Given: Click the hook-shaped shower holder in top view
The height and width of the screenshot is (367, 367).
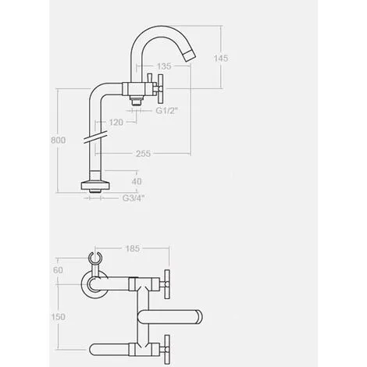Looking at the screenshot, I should tap(97, 260).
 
